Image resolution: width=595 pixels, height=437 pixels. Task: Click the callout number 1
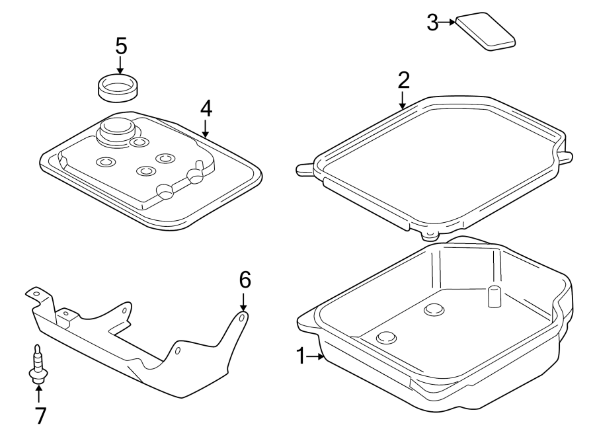301,357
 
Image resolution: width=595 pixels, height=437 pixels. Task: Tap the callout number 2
403,80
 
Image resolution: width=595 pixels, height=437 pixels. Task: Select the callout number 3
432,22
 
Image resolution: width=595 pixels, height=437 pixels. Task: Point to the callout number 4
206,107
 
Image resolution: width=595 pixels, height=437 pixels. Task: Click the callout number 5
120,46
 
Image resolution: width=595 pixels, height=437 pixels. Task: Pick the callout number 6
245,280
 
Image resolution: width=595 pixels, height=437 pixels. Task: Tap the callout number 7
39,415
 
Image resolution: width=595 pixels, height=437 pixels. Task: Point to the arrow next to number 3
448,22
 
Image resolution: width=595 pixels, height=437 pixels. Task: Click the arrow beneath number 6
244,302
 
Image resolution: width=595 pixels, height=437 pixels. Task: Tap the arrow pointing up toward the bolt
38,393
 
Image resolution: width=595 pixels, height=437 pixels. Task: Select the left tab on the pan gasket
305,170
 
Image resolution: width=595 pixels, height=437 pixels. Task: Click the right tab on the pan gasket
566,157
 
